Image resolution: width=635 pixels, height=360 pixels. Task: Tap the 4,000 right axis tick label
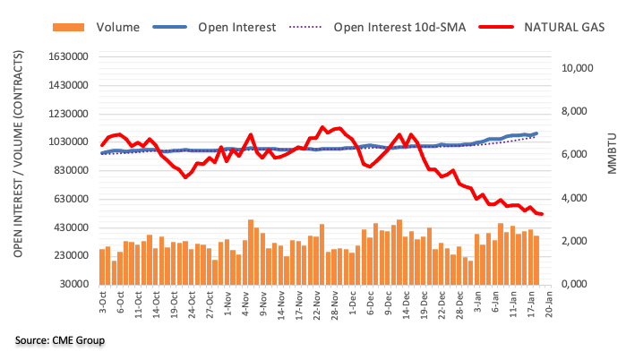coord(581,198)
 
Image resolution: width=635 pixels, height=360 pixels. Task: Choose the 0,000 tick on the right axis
coord(581,284)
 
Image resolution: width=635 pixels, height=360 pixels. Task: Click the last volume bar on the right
coord(536,260)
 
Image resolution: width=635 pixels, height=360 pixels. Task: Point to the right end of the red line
coord(542,214)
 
